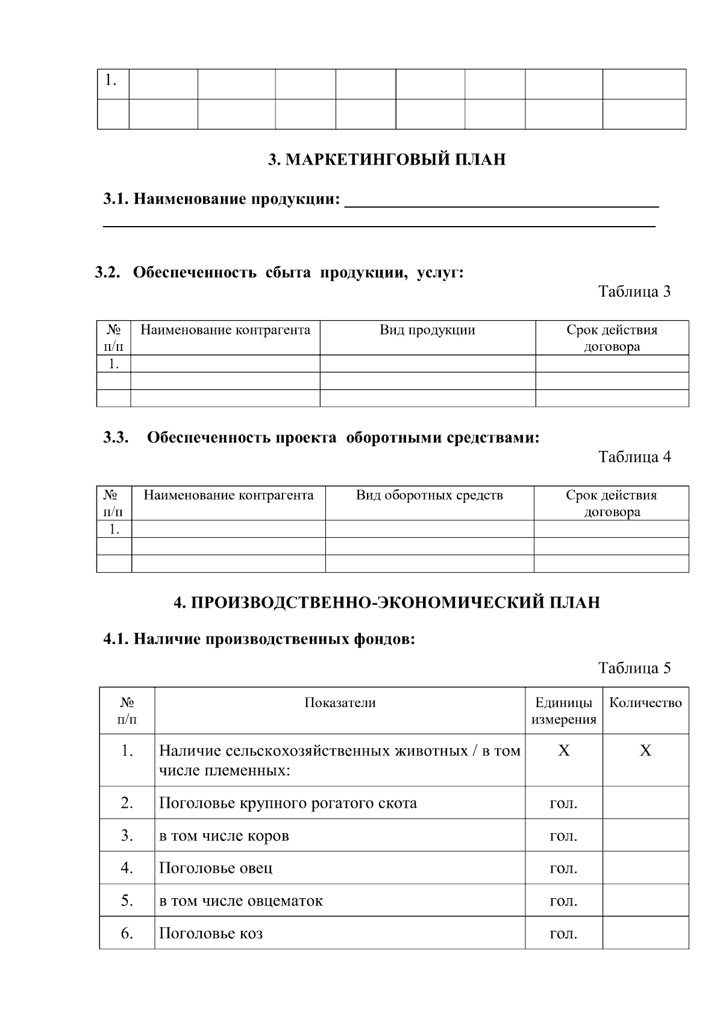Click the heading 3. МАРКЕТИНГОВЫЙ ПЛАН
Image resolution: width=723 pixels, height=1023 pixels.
tap(387, 160)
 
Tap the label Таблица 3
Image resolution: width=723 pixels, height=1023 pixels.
tap(634, 292)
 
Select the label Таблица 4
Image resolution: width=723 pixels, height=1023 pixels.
tap(634, 457)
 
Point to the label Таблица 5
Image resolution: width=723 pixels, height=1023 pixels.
tap(634, 668)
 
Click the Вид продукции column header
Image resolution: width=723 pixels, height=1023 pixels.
tap(427, 330)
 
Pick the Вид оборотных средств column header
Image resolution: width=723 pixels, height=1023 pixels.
tap(429, 496)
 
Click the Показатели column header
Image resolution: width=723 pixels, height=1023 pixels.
tap(340, 702)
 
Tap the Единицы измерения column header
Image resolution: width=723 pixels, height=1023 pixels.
tap(564, 711)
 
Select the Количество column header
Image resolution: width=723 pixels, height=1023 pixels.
tap(645, 703)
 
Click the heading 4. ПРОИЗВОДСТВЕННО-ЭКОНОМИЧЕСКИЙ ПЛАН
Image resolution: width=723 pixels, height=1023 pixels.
tap(387, 603)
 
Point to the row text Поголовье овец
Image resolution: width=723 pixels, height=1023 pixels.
tap(215, 868)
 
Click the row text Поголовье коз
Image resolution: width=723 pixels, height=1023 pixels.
tap(210, 934)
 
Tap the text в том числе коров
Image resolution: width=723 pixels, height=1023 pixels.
tap(224, 836)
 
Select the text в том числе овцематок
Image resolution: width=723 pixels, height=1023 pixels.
tap(240, 901)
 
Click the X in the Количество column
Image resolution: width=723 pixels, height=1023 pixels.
tap(645, 751)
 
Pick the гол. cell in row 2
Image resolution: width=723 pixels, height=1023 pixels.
tap(563, 804)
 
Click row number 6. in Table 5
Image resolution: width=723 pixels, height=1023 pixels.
tap(127, 933)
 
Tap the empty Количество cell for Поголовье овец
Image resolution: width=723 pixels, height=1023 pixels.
tap(645, 868)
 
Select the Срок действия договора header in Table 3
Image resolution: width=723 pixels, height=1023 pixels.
tap(612, 338)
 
